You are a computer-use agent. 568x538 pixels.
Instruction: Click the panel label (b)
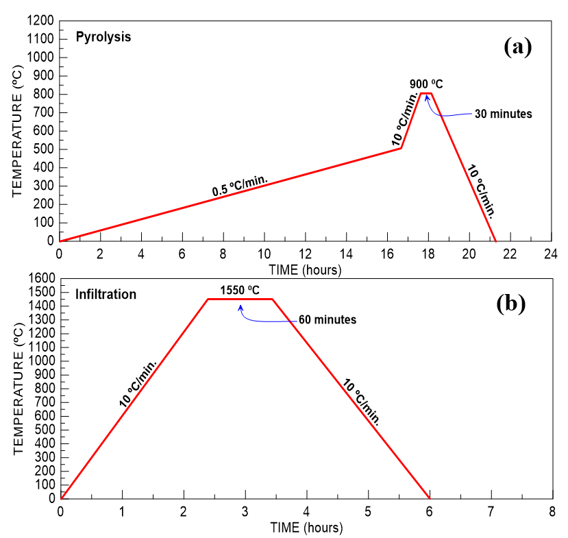[510, 304]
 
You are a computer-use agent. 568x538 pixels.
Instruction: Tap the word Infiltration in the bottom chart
[106, 295]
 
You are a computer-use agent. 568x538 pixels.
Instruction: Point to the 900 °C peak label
[426, 84]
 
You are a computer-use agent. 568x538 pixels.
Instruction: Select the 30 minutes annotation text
[504, 114]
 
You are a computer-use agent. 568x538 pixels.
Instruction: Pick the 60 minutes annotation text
[328, 320]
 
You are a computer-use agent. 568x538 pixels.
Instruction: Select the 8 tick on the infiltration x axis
[552, 512]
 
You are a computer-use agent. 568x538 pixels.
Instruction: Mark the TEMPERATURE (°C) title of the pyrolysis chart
[18, 131]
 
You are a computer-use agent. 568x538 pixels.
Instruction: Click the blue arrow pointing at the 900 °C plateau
[439, 110]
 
